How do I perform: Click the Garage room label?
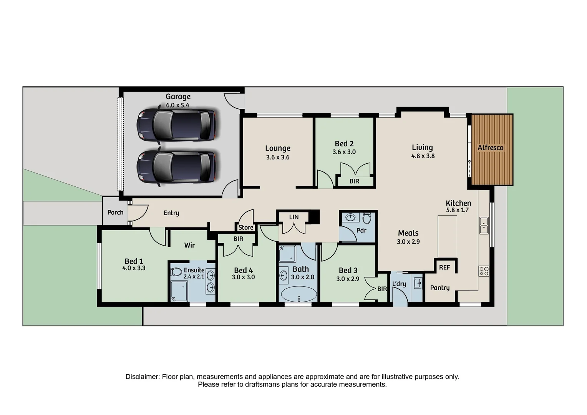pos(178,97)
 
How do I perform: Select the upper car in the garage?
pos(176,125)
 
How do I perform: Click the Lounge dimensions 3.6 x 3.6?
pos(277,157)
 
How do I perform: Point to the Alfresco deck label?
pos(490,148)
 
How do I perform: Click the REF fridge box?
pos(444,267)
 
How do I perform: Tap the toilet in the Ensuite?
pos(176,272)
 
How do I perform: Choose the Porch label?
pos(115,212)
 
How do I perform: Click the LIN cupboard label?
pos(294,217)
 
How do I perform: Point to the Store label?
pos(246,227)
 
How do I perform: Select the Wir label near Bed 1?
pos(189,245)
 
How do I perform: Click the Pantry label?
pos(440,287)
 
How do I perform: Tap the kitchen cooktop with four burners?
pos(484,271)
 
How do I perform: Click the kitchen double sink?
pos(484,225)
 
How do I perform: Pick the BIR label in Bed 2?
pos(354,181)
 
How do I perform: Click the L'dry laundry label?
pos(399,284)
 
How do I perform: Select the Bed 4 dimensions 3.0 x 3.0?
pos(243,277)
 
